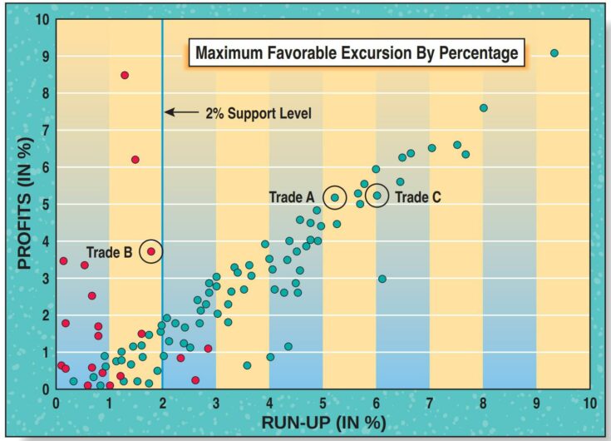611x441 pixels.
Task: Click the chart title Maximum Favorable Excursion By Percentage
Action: (x=356, y=54)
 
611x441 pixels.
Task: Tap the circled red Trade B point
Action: (x=150, y=250)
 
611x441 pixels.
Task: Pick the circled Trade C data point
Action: (x=377, y=196)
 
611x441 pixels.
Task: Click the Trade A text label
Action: (x=292, y=197)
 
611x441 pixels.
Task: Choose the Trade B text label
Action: (x=109, y=251)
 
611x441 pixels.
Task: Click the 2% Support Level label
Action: (x=259, y=113)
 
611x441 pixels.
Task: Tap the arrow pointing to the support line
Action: (x=180, y=112)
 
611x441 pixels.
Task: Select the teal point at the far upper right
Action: (x=554, y=53)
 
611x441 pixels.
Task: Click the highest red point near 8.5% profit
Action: (x=125, y=75)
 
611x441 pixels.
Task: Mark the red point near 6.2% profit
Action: (x=136, y=160)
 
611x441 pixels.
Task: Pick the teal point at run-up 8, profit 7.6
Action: (x=484, y=107)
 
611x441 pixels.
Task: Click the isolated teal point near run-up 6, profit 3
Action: (x=382, y=279)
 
